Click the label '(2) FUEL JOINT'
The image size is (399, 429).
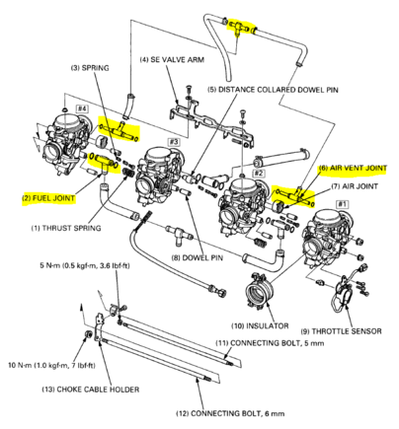tap(48, 198)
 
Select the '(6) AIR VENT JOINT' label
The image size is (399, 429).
tap(353, 168)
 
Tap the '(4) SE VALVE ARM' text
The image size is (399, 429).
tap(172, 60)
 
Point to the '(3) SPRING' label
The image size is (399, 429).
tap(90, 68)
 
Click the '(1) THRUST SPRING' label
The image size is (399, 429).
tap(66, 228)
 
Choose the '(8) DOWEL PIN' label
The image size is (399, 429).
tap(198, 257)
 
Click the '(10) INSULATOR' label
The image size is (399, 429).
tap(260, 325)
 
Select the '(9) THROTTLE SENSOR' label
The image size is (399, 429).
tap(341, 331)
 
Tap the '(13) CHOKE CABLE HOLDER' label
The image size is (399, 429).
tap(91, 390)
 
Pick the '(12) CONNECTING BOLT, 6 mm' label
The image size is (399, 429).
tap(230, 413)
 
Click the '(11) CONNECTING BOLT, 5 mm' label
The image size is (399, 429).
tap(270, 343)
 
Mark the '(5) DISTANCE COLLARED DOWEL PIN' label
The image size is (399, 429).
tap(273, 90)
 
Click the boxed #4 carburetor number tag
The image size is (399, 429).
tap(82, 108)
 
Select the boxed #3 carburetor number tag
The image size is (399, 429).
tap(174, 142)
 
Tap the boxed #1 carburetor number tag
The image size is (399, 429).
tap(342, 204)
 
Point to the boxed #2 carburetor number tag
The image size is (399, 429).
tap(259, 173)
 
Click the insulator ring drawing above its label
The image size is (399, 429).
tap(261, 291)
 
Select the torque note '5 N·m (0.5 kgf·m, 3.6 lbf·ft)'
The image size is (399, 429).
tap(85, 265)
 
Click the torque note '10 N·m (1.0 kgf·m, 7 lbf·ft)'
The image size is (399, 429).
tap(52, 365)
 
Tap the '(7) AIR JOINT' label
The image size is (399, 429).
tap(355, 186)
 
